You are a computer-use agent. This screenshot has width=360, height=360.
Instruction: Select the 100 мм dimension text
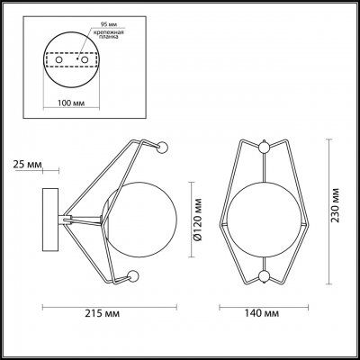(x=71, y=103)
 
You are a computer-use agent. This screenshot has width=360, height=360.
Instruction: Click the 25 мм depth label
(x=28, y=164)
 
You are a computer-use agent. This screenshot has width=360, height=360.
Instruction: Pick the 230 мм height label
(x=335, y=205)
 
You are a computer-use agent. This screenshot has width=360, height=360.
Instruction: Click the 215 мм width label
(x=102, y=313)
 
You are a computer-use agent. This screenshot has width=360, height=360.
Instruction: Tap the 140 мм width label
(x=262, y=313)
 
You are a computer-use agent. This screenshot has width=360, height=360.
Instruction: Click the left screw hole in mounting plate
(x=58, y=60)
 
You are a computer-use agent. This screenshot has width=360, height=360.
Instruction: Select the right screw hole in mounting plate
(x=85, y=60)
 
